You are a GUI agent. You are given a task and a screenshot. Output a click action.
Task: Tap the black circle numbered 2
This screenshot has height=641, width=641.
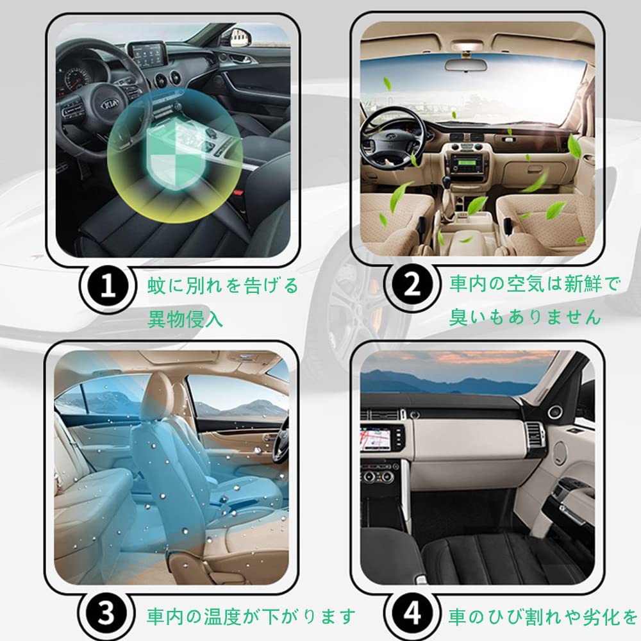(x=413, y=287)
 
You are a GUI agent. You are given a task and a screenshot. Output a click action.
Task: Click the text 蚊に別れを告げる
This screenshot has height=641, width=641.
(x=222, y=285)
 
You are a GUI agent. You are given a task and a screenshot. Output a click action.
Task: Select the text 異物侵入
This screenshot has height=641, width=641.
(x=185, y=319)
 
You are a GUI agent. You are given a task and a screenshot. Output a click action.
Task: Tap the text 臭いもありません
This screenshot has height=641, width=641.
(x=524, y=317)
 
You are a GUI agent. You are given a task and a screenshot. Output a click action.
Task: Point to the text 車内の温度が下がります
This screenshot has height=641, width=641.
(x=251, y=617)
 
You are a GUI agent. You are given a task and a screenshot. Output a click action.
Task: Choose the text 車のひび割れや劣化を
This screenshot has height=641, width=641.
(x=542, y=617)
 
